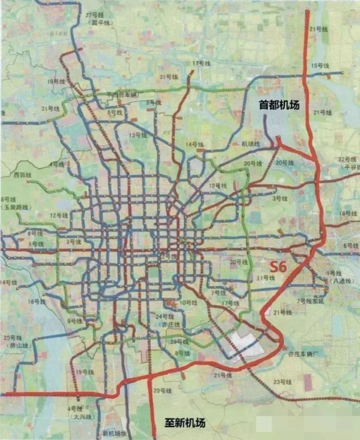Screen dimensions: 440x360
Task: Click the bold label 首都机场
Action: pyautogui.click(x=279, y=105)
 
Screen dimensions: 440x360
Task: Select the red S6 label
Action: pyautogui.click(x=279, y=267)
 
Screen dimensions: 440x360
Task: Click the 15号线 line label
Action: pyautogui.click(x=321, y=66)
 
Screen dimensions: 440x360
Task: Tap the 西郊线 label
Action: pyautogui.click(x=23, y=175)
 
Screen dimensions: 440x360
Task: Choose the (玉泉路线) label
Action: pyautogui.click(x=15, y=207)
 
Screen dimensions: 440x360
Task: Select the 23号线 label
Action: pyautogui.click(x=283, y=382)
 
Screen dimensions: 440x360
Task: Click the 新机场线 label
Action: pyautogui.click(x=116, y=434)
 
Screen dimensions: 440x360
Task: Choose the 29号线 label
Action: pyautogui.click(x=179, y=342)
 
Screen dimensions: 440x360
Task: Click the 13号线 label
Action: pyautogui.click(x=137, y=135)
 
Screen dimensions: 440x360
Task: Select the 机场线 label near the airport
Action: pyautogui.click(x=250, y=144)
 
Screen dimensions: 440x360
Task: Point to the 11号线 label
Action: pyautogui.click(x=266, y=278)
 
